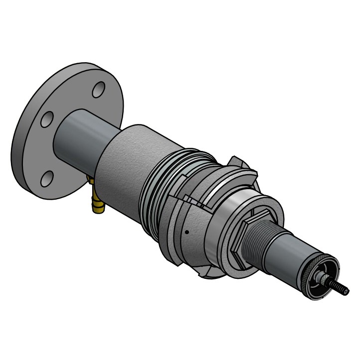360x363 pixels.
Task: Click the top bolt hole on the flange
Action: pyautogui.click(x=99, y=90)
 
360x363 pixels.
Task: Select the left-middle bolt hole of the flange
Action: pyautogui.click(x=47, y=120)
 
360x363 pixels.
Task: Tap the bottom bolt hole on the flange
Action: pyautogui.click(x=47, y=178)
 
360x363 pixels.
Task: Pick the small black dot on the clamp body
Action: pyautogui.click(x=186, y=232)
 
